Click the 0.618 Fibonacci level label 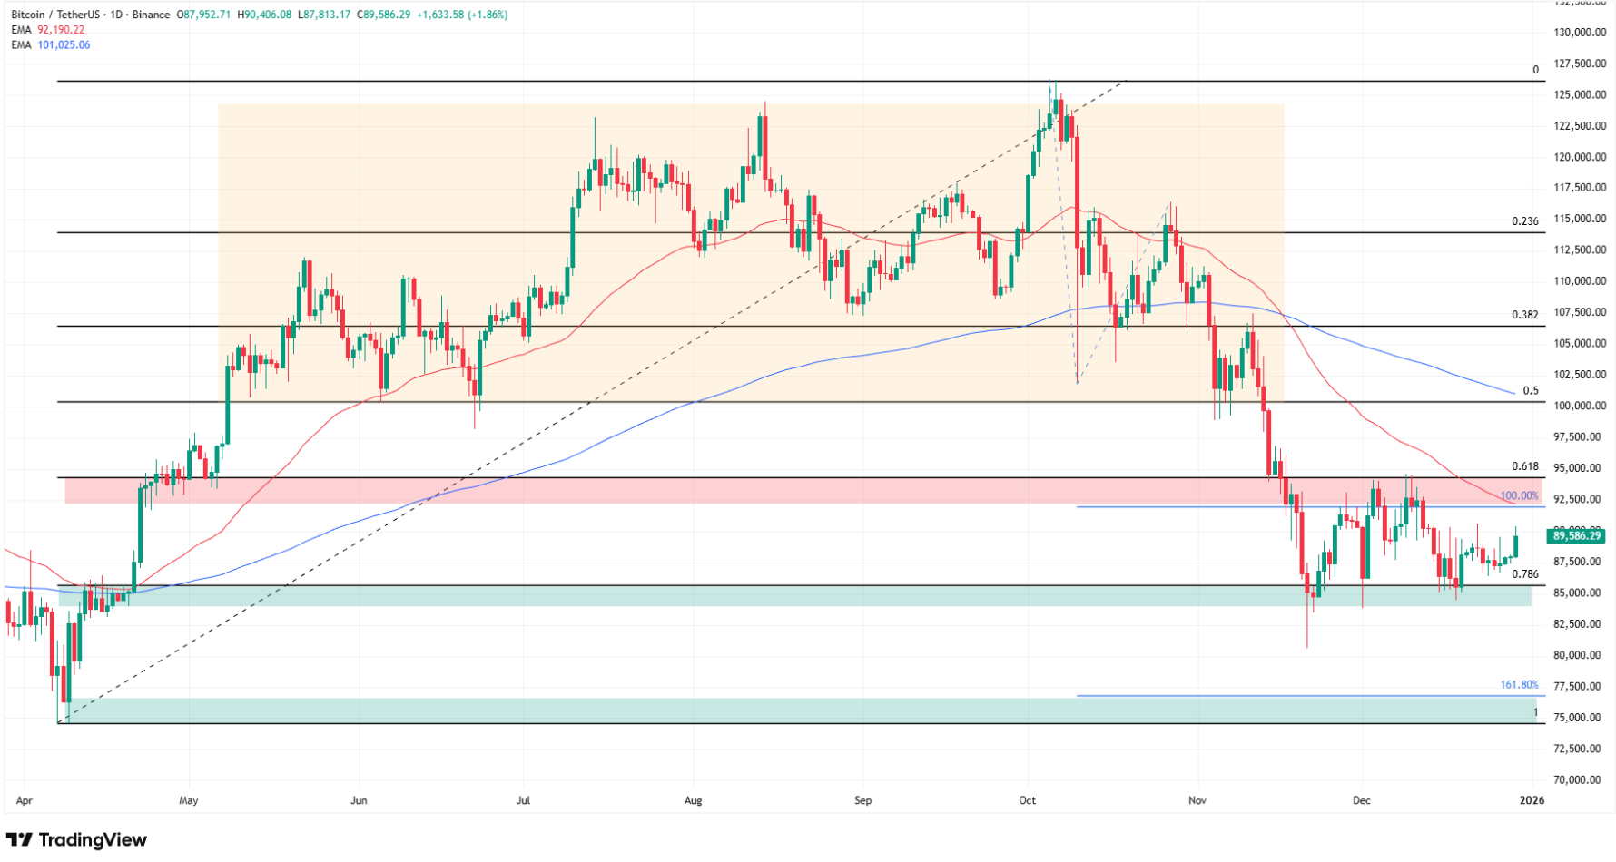point(1524,466)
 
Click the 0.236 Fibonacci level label point(1524,221)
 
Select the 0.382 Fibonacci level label point(1524,315)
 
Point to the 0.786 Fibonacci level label point(1524,574)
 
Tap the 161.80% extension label point(1519,685)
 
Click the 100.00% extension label point(1519,496)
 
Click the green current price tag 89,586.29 point(1577,536)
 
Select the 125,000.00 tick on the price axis point(1580,94)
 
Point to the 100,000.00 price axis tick point(1580,406)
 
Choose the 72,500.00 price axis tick point(1580,749)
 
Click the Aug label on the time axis point(693,800)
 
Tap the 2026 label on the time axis point(1532,800)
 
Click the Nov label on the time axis point(1197,800)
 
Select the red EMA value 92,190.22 point(61,30)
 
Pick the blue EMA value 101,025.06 point(64,44)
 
